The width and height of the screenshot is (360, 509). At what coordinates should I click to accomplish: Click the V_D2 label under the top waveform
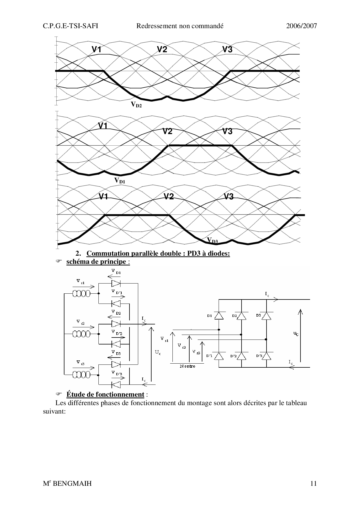[x=136, y=105]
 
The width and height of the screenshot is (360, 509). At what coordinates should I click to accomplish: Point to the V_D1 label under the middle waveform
[x=120, y=181]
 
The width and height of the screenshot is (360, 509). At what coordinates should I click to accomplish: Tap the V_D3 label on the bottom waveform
[x=213, y=240]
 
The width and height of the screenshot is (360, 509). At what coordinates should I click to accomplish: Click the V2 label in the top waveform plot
[x=162, y=50]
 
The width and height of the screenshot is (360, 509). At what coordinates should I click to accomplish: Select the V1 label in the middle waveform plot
[x=103, y=126]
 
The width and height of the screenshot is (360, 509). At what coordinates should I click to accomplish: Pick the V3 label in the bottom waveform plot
[x=228, y=197]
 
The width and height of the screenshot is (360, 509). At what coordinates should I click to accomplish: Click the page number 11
[x=313, y=483]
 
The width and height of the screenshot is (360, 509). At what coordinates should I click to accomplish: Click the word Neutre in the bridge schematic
[x=188, y=366]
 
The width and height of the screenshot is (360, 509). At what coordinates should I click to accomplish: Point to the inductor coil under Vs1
[x=81, y=294]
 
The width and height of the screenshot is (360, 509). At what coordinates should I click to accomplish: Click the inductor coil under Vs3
[x=81, y=375]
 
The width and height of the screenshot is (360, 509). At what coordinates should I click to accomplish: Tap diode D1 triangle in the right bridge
[x=219, y=316]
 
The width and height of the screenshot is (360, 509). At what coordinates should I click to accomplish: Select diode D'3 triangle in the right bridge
[x=266, y=356]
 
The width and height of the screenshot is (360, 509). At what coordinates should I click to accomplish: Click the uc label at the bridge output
[x=296, y=334]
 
